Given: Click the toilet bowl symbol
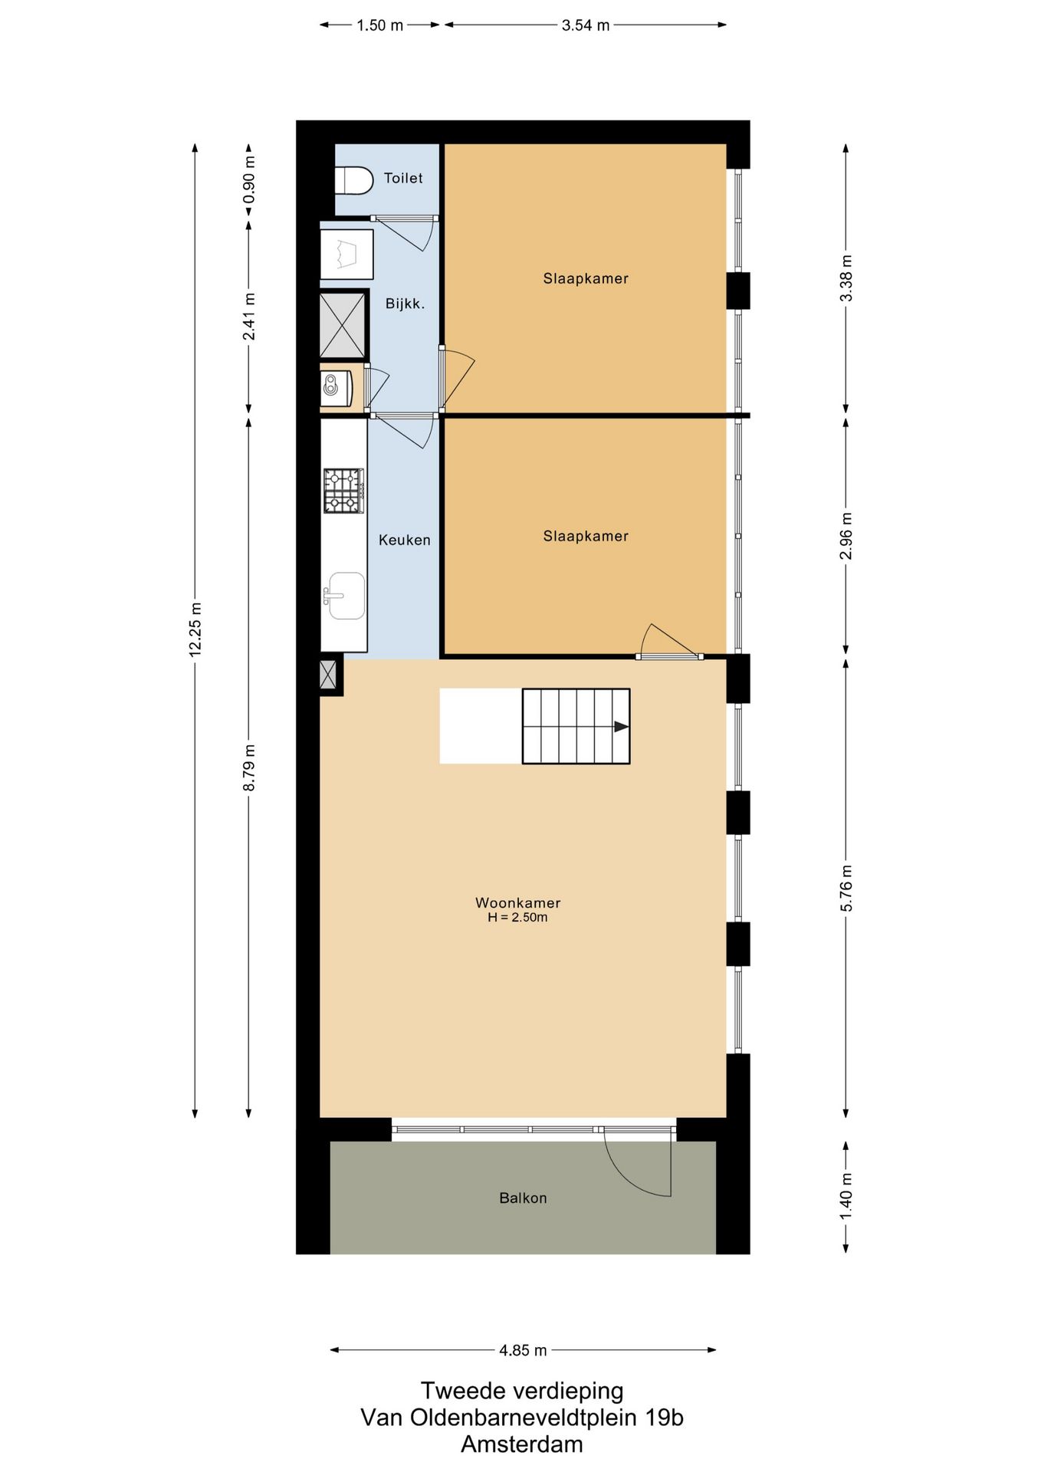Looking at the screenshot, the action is tap(353, 181).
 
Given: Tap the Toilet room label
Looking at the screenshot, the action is tap(403, 178).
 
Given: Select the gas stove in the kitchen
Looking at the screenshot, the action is tap(343, 491).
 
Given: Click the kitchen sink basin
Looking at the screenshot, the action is tap(346, 595).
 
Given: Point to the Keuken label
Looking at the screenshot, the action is tap(404, 540).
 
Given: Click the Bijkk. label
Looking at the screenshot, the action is tap(405, 304).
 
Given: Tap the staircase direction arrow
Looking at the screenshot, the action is tap(622, 726).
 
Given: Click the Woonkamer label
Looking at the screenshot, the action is tap(517, 902).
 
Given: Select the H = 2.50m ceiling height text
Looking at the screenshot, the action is tap(517, 917).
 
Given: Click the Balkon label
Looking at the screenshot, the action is tap(523, 1198).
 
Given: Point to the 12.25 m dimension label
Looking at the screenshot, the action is tap(195, 629).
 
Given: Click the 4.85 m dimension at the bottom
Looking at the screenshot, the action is tap(523, 1350).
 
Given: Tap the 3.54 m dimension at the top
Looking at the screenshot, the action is tap(586, 25).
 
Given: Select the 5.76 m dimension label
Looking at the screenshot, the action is tap(846, 888).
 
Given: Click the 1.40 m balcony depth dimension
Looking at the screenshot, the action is tap(846, 1196).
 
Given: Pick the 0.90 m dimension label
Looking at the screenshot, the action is tap(249, 180).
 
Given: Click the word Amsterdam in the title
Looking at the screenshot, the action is tap(522, 1444).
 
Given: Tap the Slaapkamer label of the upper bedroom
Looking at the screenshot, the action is tap(586, 278).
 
